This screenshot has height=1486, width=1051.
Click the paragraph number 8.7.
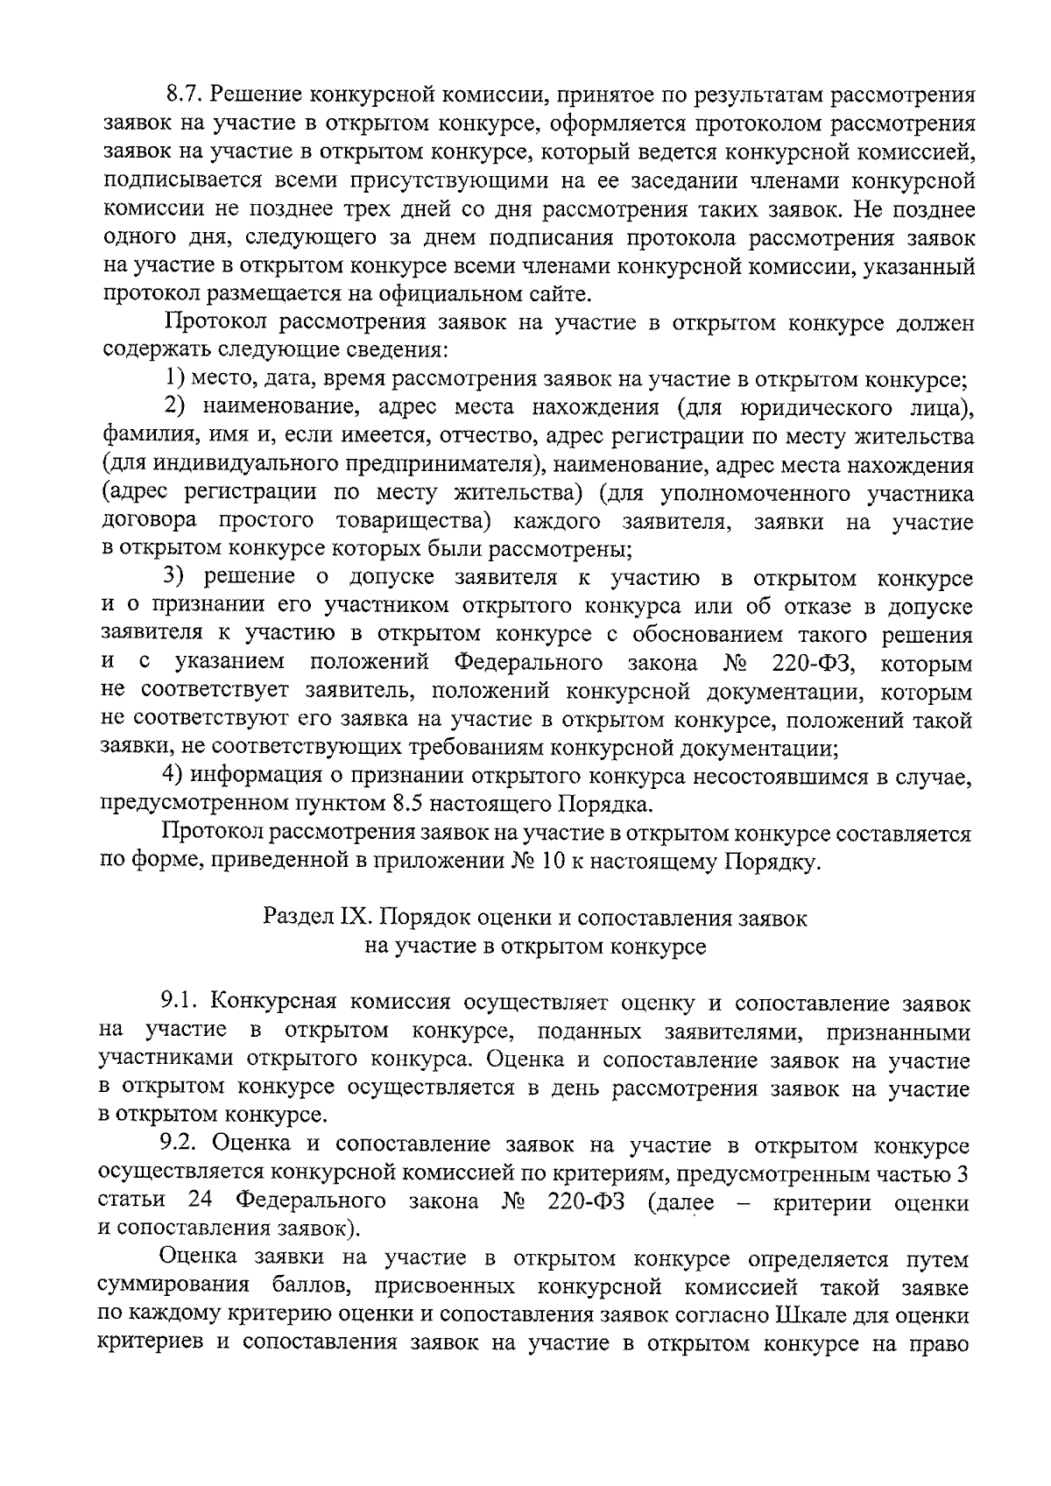(184, 95)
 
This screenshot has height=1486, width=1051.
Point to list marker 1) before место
(175, 380)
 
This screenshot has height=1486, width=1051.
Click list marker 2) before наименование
(175, 408)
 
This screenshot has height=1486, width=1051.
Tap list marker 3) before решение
(175, 579)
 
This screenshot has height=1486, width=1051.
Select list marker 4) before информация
(175, 777)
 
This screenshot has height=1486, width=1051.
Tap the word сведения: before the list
(401, 351)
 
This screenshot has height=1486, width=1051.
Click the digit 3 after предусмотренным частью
(963, 1173)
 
